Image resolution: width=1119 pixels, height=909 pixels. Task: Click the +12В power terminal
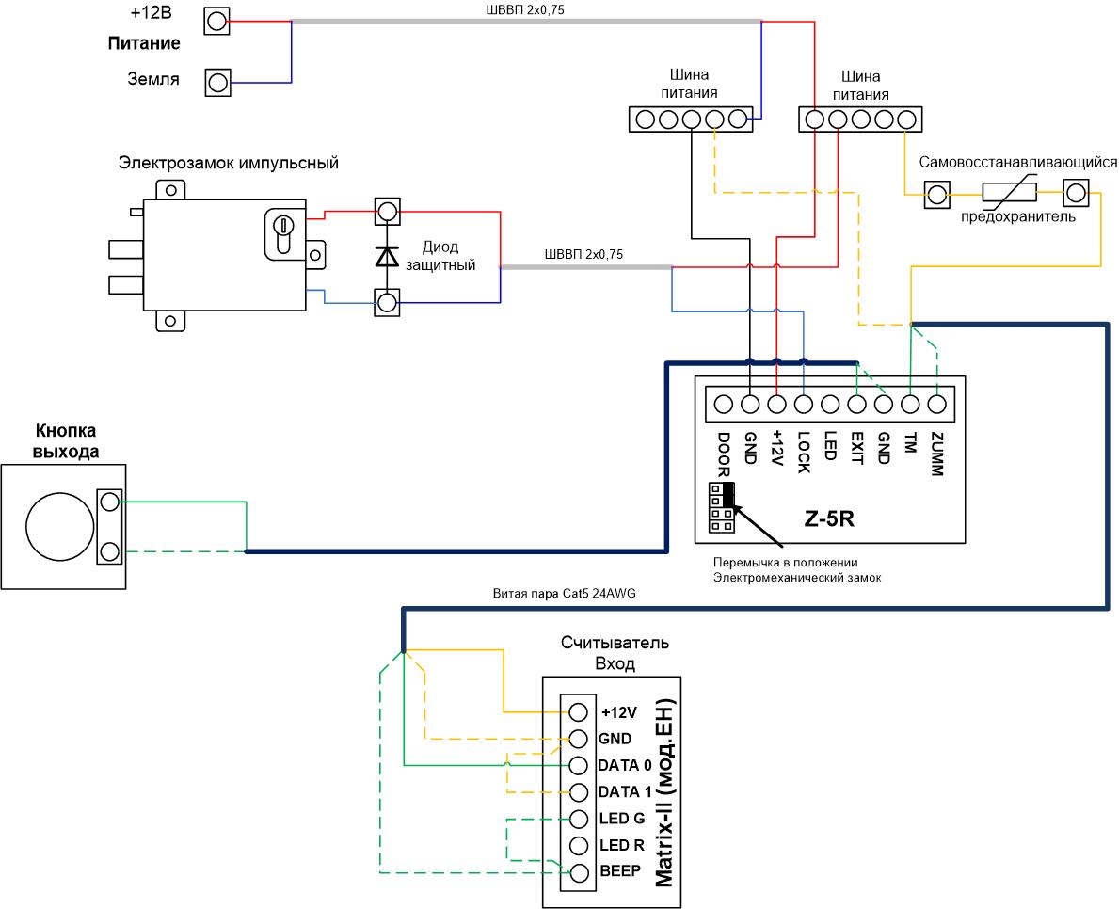217,22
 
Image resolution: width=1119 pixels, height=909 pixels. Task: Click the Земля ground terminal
217,82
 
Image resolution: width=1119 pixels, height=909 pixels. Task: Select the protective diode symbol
387,255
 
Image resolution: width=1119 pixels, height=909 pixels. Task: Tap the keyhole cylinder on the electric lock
282,231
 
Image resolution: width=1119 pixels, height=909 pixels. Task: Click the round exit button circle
60,527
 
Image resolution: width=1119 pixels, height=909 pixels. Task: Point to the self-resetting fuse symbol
1009,192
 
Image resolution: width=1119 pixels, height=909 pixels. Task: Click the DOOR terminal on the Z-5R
723,404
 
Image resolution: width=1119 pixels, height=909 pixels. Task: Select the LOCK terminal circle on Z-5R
804,404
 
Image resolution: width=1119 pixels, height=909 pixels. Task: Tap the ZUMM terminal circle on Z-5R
936,404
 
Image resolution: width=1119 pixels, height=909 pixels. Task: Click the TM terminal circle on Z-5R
910,404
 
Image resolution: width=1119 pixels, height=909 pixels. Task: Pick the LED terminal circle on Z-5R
830,404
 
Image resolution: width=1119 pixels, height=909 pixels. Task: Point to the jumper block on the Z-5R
722,507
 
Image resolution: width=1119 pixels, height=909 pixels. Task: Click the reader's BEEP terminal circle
579,872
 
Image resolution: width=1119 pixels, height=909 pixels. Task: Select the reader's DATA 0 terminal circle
579,766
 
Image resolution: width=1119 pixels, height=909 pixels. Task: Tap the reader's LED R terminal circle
579,846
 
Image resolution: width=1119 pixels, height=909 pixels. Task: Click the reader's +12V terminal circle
579,712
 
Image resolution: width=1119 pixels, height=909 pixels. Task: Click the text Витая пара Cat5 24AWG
564,594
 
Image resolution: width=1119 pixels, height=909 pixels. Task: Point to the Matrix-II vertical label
663,792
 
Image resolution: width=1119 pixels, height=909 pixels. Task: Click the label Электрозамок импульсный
229,163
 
